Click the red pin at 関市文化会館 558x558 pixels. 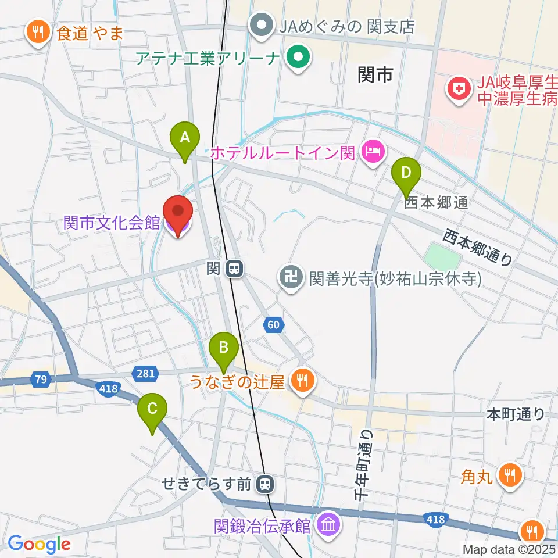[x=177, y=216]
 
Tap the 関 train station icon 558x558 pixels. [x=234, y=269]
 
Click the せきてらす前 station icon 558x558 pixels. [x=266, y=483]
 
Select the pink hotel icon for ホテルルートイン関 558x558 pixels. [x=371, y=153]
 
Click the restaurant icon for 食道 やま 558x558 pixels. [x=39, y=33]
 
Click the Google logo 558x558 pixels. [x=40, y=545]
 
